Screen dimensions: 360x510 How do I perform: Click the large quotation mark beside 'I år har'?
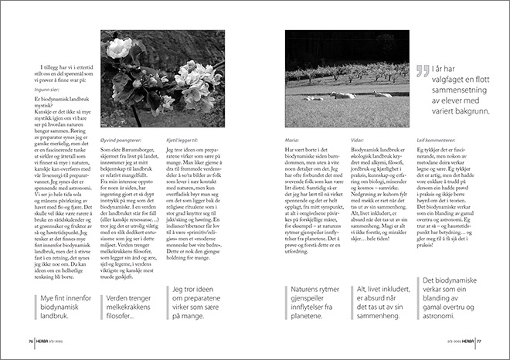coord(423,71)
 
